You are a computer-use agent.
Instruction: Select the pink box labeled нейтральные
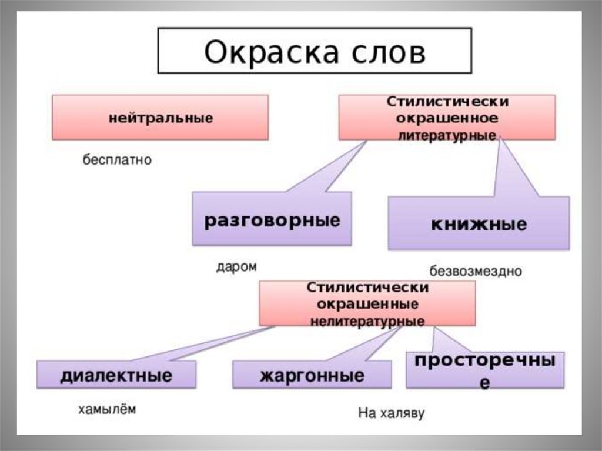pyautogui.click(x=160, y=118)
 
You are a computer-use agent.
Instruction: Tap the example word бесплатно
pyautogui.click(x=116, y=159)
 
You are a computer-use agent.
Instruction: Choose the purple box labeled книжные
pyautogui.click(x=479, y=224)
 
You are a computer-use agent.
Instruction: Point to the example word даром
pyautogui.click(x=236, y=266)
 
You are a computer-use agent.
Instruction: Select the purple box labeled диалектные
pyautogui.click(x=116, y=375)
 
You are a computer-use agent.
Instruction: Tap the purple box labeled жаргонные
pyautogui.click(x=312, y=375)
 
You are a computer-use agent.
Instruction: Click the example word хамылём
pyautogui.click(x=106, y=409)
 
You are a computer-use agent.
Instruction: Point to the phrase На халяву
pyautogui.click(x=391, y=413)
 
